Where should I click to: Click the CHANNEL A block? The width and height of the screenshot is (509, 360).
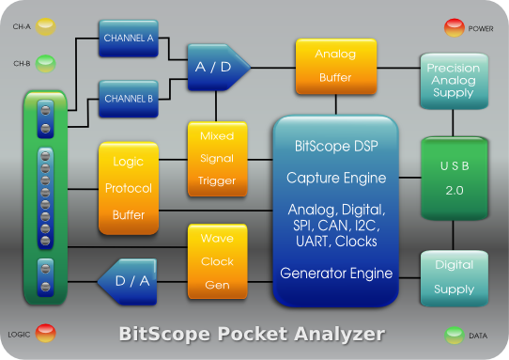tap(129, 39)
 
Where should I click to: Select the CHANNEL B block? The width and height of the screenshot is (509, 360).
tap(129, 99)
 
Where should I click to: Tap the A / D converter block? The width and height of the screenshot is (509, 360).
tap(219, 68)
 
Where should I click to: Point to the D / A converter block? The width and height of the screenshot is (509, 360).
tap(128, 282)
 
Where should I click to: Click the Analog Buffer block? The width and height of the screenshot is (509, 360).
tap(336, 67)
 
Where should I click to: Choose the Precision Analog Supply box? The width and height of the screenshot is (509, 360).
tap(454, 81)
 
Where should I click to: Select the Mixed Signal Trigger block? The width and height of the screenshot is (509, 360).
tap(217, 159)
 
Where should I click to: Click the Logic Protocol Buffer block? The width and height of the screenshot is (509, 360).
tap(129, 188)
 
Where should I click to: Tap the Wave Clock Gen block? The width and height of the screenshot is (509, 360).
tap(217, 261)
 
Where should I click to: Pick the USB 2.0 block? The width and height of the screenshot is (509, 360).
tap(455, 179)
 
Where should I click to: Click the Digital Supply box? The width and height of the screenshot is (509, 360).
tap(455, 278)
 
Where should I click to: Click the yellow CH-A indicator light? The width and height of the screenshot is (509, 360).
tap(45, 26)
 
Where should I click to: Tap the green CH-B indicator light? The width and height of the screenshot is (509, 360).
tap(45, 64)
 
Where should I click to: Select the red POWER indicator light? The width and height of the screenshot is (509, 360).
tap(455, 27)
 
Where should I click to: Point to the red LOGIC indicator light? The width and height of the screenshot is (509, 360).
tap(45, 333)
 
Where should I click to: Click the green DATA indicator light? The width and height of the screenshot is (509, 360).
tap(455, 336)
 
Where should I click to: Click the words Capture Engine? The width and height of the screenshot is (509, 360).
tap(336, 178)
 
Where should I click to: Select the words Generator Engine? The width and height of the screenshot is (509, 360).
tap(336, 274)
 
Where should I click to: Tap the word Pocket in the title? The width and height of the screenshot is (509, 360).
tap(253, 334)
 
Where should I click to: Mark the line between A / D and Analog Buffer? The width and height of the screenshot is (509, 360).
tap(273, 68)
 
